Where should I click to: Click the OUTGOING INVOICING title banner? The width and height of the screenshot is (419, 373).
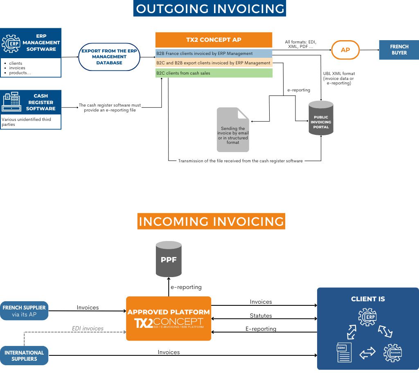click(x=209, y=9)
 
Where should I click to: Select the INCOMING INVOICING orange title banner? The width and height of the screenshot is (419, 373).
click(x=211, y=221)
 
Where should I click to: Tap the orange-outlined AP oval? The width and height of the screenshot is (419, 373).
click(x=345, y=50)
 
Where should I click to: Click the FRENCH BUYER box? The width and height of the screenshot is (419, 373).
click(x=399, y=50)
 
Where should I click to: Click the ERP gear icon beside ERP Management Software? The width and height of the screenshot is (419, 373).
click(x=11, y=43)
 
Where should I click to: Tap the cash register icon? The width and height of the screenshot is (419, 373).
click(x=11, y=102)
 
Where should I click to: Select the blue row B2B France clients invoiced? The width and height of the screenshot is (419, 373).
click(x=214, y=54)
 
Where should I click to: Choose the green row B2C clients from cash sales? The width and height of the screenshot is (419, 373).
click(x=214, y=73)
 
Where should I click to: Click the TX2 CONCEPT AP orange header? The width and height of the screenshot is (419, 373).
click(x=214, y=40)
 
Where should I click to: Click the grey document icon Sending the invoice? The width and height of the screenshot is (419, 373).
click(x=233, y=130)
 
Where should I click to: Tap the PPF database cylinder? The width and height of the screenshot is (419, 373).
click(x=169, y=259)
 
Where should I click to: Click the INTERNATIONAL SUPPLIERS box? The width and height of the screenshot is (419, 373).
click(x=24, y=355)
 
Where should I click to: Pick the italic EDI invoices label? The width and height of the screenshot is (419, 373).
click(x=88, y=328)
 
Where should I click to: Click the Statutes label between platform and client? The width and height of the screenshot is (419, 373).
click(x=261, y=316)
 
